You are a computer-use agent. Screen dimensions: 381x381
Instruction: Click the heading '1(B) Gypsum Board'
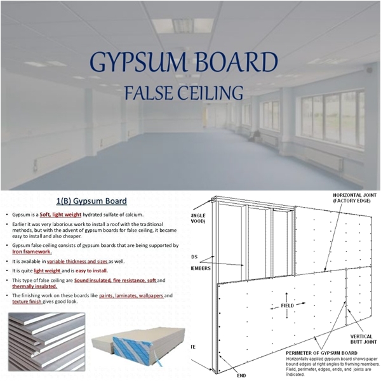click(x=92, y=201)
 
